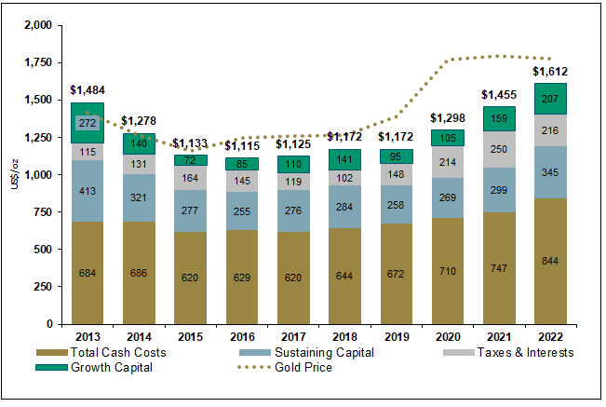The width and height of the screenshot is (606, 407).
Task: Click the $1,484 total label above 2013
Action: (x=88, y=89)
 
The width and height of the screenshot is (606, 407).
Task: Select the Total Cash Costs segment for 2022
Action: (x=549, y=261)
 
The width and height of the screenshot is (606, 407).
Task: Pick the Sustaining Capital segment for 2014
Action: (x=138, y=197)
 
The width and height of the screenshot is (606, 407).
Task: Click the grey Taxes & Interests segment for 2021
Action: (x=498, y=149)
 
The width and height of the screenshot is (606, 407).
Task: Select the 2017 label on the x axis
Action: (x=292, y=336)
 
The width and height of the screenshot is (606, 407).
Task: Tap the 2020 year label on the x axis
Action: (x=447, y=336)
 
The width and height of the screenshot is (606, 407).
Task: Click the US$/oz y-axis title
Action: (x=11, y=173)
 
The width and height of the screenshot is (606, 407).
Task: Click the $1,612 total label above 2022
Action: (x=549, y=72)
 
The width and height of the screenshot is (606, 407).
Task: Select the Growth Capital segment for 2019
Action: (x=396, y=156)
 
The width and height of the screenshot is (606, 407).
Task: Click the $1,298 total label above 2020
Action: (x=447, y=118)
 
